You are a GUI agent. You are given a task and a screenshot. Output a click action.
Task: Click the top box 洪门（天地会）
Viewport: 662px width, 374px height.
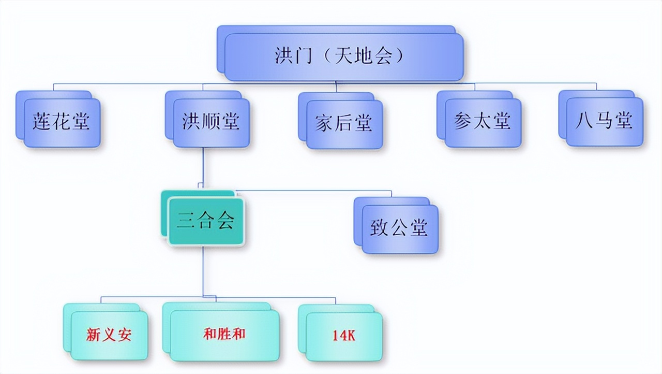tap(340, 53)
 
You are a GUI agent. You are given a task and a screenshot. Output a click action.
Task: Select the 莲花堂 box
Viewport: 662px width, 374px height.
tap(58, 119)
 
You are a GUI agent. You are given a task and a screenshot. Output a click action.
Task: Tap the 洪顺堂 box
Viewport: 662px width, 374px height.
tap(207, 119)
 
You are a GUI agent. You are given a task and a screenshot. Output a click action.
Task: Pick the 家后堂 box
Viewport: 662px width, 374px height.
tap(341, 121)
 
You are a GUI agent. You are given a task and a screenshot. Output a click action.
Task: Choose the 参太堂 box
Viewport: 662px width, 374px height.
tap(479, 119)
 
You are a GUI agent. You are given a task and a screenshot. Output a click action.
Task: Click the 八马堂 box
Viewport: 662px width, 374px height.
tap(601, 118)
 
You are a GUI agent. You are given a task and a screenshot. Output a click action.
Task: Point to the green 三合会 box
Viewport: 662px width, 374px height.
tap(203, 218)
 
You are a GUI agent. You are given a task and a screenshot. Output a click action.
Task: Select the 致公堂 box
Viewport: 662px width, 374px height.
tap(396, 225)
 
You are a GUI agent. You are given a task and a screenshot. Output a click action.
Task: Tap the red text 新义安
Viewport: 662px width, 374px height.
tap(109, 335)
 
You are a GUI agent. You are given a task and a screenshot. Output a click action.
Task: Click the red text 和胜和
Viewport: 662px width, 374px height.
tap(224, 334)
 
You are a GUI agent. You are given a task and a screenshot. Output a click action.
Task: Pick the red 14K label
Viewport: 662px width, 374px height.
tap(344, 336)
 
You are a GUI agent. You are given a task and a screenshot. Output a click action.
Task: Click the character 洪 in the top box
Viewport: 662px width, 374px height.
tap(284, 55)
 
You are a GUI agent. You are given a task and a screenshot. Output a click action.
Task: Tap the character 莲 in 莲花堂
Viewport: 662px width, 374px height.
tap(42, 121)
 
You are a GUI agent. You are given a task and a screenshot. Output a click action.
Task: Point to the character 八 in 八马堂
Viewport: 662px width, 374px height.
tap(584, 120)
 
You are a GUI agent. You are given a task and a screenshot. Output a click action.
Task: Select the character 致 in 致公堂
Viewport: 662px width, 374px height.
tap(379, 227)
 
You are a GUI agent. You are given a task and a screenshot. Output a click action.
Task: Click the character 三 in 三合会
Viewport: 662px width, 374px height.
tap(186, 221)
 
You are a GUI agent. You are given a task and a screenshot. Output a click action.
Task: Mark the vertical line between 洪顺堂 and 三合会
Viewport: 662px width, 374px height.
tap(203, 167)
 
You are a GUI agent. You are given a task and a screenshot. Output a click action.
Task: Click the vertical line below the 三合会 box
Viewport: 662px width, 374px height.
tap(203, 271)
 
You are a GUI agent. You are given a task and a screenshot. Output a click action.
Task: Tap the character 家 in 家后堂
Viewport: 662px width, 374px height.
tap(324, 123)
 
